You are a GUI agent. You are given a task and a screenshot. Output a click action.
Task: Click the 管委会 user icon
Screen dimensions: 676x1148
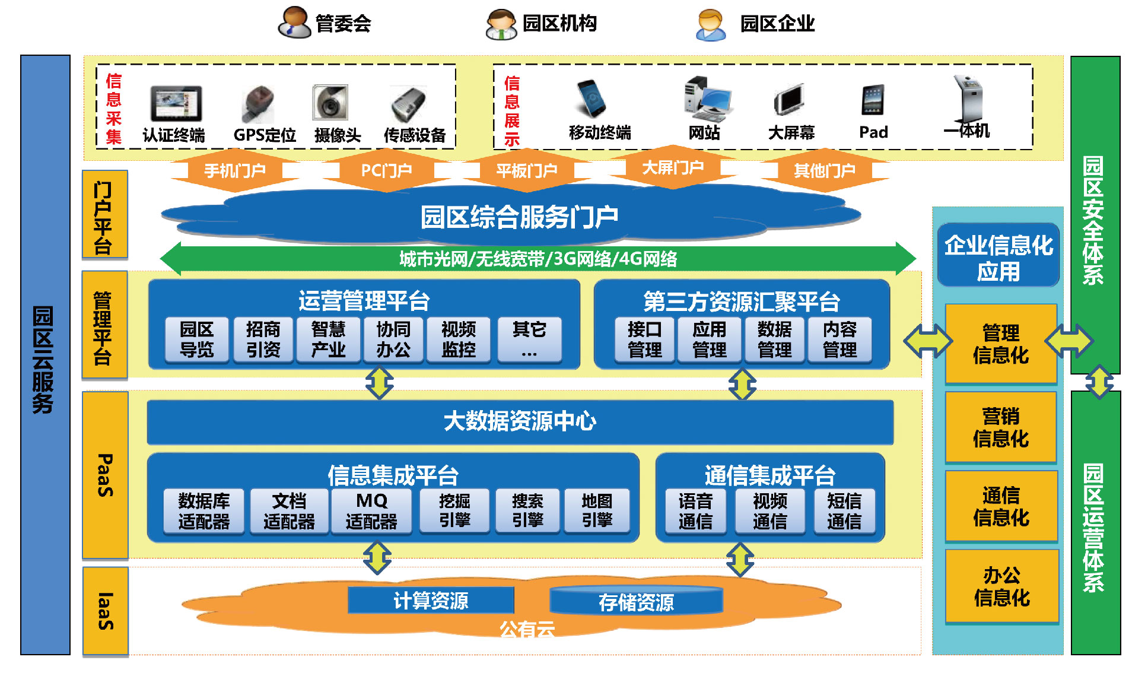[x=294, y=23]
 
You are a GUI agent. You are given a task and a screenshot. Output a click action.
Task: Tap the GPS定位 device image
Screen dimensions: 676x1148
[x=259, y=103]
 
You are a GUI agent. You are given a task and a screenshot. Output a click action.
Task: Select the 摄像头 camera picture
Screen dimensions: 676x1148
[x=330, y=102]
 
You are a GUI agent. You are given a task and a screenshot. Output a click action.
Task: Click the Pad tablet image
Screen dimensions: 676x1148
[x=873, y=100]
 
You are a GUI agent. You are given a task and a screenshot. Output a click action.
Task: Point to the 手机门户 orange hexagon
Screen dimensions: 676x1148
[x=235, y=171]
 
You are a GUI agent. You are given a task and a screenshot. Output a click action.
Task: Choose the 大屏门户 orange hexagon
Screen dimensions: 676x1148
[x=672, y=167]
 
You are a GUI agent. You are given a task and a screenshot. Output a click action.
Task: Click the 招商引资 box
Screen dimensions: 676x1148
[x=263, y=339]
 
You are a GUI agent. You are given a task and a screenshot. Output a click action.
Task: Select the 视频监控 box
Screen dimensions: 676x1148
[x=459, y=339]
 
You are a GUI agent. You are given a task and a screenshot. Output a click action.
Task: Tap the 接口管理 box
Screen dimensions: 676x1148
[x=644, y=339]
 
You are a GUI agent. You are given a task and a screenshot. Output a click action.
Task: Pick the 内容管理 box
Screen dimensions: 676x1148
[x=839, y=339]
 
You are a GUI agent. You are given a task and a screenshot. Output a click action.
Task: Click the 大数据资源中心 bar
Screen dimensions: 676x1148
[x=520, y=421]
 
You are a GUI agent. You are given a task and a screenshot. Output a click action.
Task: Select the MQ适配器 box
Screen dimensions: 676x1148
[x=371, y=511]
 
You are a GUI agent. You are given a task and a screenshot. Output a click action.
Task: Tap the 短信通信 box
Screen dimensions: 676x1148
[x=844, y=511]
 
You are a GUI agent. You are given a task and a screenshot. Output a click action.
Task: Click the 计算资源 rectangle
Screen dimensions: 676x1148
[x=431, y=601]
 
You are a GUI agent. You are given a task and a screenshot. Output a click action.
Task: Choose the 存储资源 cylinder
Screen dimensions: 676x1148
[x=636, y=602]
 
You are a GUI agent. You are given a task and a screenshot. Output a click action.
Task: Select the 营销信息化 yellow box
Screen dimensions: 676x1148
[x=1001, y=427]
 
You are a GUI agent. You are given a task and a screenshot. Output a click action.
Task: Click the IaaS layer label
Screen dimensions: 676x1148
[x=105, y=611]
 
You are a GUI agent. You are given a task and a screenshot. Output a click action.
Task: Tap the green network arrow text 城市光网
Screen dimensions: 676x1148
[x=538, y=259]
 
